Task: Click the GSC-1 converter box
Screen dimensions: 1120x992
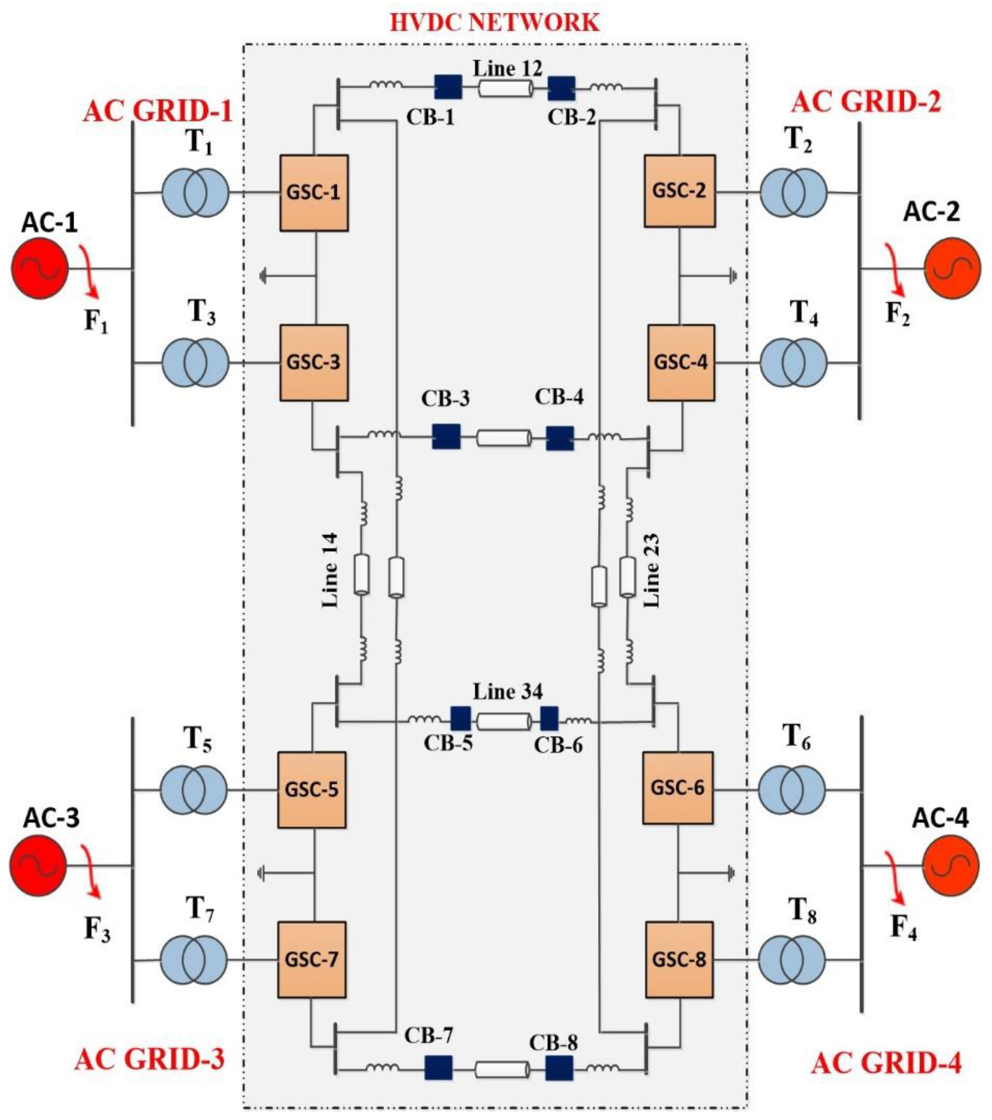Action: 314,193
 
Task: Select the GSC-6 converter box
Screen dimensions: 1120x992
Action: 678,788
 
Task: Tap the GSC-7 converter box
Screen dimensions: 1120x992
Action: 312,960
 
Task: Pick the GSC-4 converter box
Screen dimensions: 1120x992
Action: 681,362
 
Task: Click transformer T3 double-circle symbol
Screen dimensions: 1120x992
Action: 195,362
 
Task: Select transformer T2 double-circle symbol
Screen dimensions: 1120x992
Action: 793,192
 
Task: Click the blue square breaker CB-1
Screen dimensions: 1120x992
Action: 448,87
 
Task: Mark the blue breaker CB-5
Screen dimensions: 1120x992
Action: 461,718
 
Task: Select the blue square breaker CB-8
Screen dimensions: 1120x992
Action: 559,1068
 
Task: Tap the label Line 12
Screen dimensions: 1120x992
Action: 507,68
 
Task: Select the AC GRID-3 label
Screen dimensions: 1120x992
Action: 149,1060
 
